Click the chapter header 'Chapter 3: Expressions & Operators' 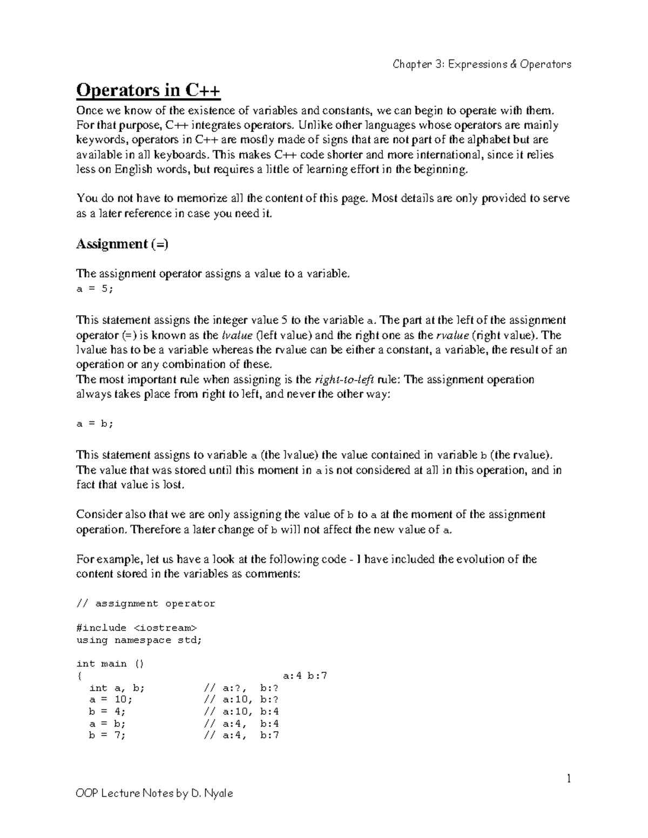[x=482, y=64]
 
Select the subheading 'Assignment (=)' [x=122, y=244]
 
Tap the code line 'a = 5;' [x=95, y=289]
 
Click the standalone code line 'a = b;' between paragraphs [x=95, y=424]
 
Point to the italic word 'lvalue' [x=237, y=335]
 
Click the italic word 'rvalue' [x=452, y=335]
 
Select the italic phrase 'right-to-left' [x=344, y=379]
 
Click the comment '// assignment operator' [x=146, y=604]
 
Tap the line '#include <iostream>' [x=137, y=628]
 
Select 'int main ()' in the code [x=110, y=664]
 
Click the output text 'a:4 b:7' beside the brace [x=305, y=676]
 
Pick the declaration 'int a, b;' [x=117, y=688]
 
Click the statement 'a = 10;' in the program [x=110, y=700]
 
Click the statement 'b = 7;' [x=107, y=735]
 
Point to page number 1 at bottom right [x=568, y=778]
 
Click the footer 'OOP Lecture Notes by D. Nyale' [x=154, y=793]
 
